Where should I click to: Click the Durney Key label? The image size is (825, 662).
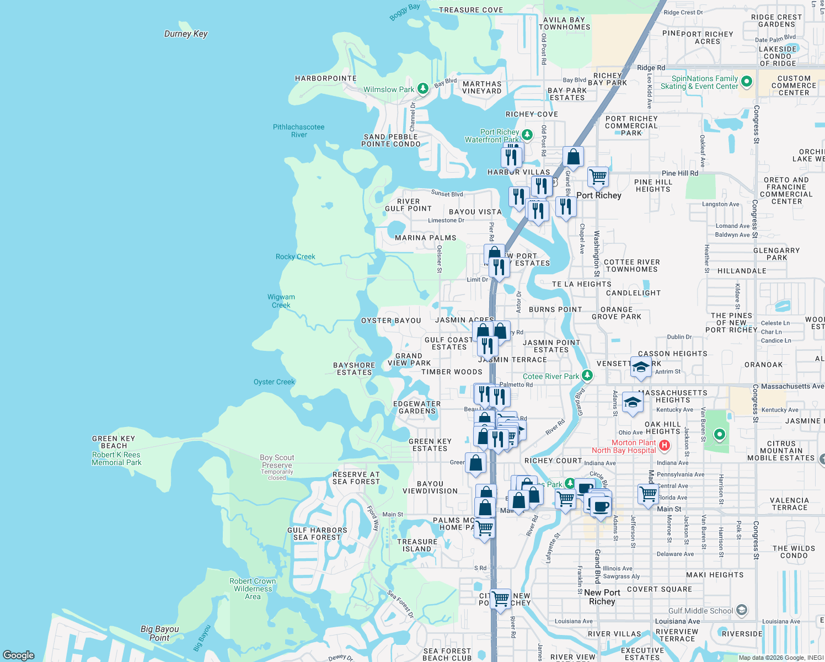click(x=186, y=34)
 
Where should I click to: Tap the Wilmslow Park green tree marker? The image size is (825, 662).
click(x=422, y=88)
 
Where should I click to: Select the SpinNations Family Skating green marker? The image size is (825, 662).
click(x=747, y=82)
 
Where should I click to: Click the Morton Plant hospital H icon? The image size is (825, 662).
click(x=665, y=445)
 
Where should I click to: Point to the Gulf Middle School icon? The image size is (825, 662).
click(x=742, y=610)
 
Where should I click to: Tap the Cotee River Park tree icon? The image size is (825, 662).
click(x=587, y=376)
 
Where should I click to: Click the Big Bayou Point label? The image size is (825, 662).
click(x=159, y=633)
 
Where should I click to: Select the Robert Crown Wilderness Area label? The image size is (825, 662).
click(x=253, y=589)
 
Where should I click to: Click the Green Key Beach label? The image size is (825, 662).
click(x=114, y=442)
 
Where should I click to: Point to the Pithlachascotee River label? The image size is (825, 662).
click(x=299, y=131)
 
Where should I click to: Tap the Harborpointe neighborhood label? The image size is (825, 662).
click(x=326, y=78)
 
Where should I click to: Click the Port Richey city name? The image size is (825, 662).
click(x=599, y=195)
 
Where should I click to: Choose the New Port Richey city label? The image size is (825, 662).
click(x=602, y=597)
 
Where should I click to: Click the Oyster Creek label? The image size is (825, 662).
click(x=274, y=382)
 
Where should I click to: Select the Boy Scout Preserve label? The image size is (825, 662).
click(x=277, y=461)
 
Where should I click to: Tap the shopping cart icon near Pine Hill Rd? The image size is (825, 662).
click(x=598, y=177)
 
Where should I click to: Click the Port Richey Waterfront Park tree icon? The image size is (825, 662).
click(x=527, y=135)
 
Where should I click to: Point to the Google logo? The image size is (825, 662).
click(x=19, y=655)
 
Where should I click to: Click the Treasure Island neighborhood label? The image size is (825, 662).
click(x=417, y=545)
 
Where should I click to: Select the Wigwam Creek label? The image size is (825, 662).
click(x=281, y=301)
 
